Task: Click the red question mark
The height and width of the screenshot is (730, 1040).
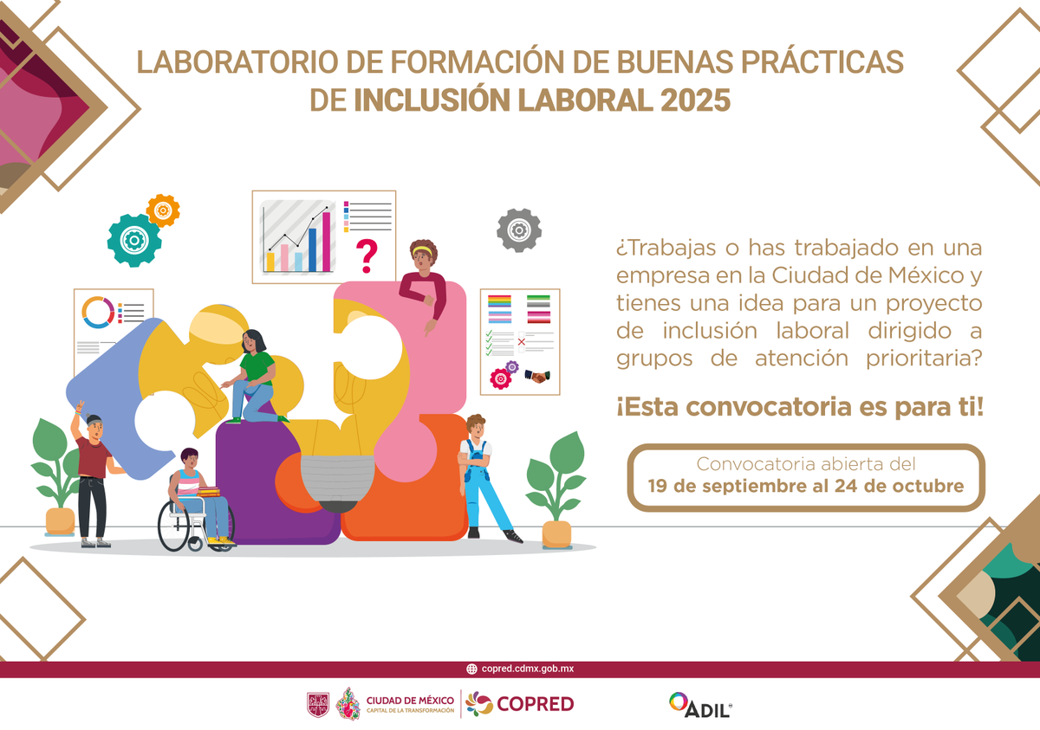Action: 367,255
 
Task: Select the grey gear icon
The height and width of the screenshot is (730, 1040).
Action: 519,230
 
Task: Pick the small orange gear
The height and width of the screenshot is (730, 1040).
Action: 163,210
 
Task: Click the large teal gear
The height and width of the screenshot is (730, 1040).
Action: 134,239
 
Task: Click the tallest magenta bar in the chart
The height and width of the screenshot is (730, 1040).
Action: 327,242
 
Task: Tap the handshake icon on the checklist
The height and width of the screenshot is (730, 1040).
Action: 537,376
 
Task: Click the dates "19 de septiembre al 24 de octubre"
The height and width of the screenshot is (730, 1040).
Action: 806,486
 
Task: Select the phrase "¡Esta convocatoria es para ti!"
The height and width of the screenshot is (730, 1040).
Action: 800,407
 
